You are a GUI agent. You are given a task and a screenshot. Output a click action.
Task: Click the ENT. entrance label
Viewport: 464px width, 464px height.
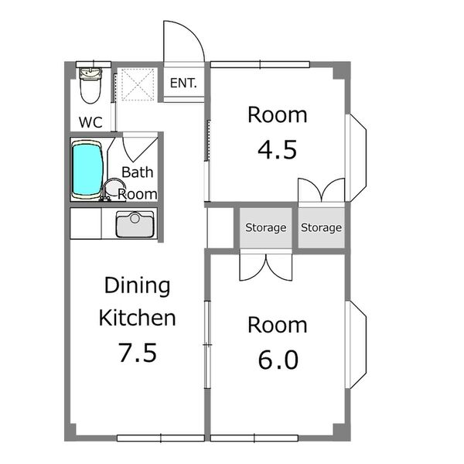183,84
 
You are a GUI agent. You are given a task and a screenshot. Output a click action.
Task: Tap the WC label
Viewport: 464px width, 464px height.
90,122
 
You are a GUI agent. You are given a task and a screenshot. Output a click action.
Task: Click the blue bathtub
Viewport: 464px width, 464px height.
87,169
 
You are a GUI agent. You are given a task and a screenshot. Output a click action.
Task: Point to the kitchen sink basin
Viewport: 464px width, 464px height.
135,224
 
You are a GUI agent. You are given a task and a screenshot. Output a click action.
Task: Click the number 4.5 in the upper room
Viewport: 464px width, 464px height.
277,150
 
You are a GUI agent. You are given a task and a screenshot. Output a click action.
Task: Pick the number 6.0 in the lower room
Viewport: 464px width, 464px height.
278,360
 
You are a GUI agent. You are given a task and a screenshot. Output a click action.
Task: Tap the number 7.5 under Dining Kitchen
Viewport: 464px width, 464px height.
138,353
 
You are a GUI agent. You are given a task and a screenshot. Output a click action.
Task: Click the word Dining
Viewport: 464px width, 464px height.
138,286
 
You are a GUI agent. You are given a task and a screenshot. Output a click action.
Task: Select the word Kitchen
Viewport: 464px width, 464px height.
138,318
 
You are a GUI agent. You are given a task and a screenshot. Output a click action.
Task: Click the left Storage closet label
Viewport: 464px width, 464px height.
266,227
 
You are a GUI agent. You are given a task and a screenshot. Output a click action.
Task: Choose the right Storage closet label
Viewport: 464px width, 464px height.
322,227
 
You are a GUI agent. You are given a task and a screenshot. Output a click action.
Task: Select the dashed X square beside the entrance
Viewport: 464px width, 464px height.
138,84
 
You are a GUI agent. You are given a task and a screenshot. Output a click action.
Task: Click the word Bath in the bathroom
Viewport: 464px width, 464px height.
138,172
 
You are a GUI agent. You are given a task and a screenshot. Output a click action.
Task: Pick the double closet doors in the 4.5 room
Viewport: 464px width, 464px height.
322,190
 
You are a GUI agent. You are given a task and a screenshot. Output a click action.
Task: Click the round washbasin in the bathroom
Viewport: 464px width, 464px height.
114,188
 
